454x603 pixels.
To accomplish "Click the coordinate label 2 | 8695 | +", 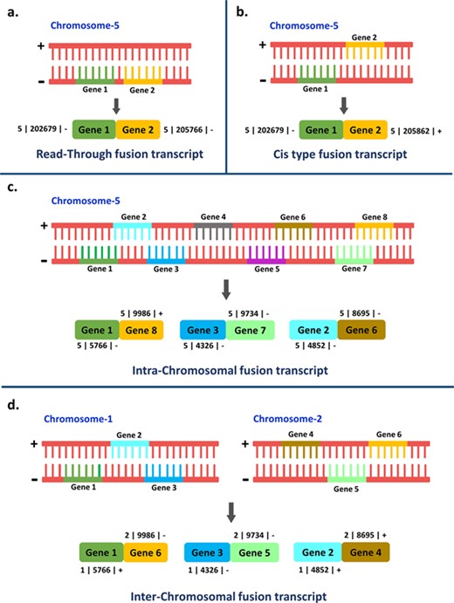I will pyautogui.click(x=366, y=531).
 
